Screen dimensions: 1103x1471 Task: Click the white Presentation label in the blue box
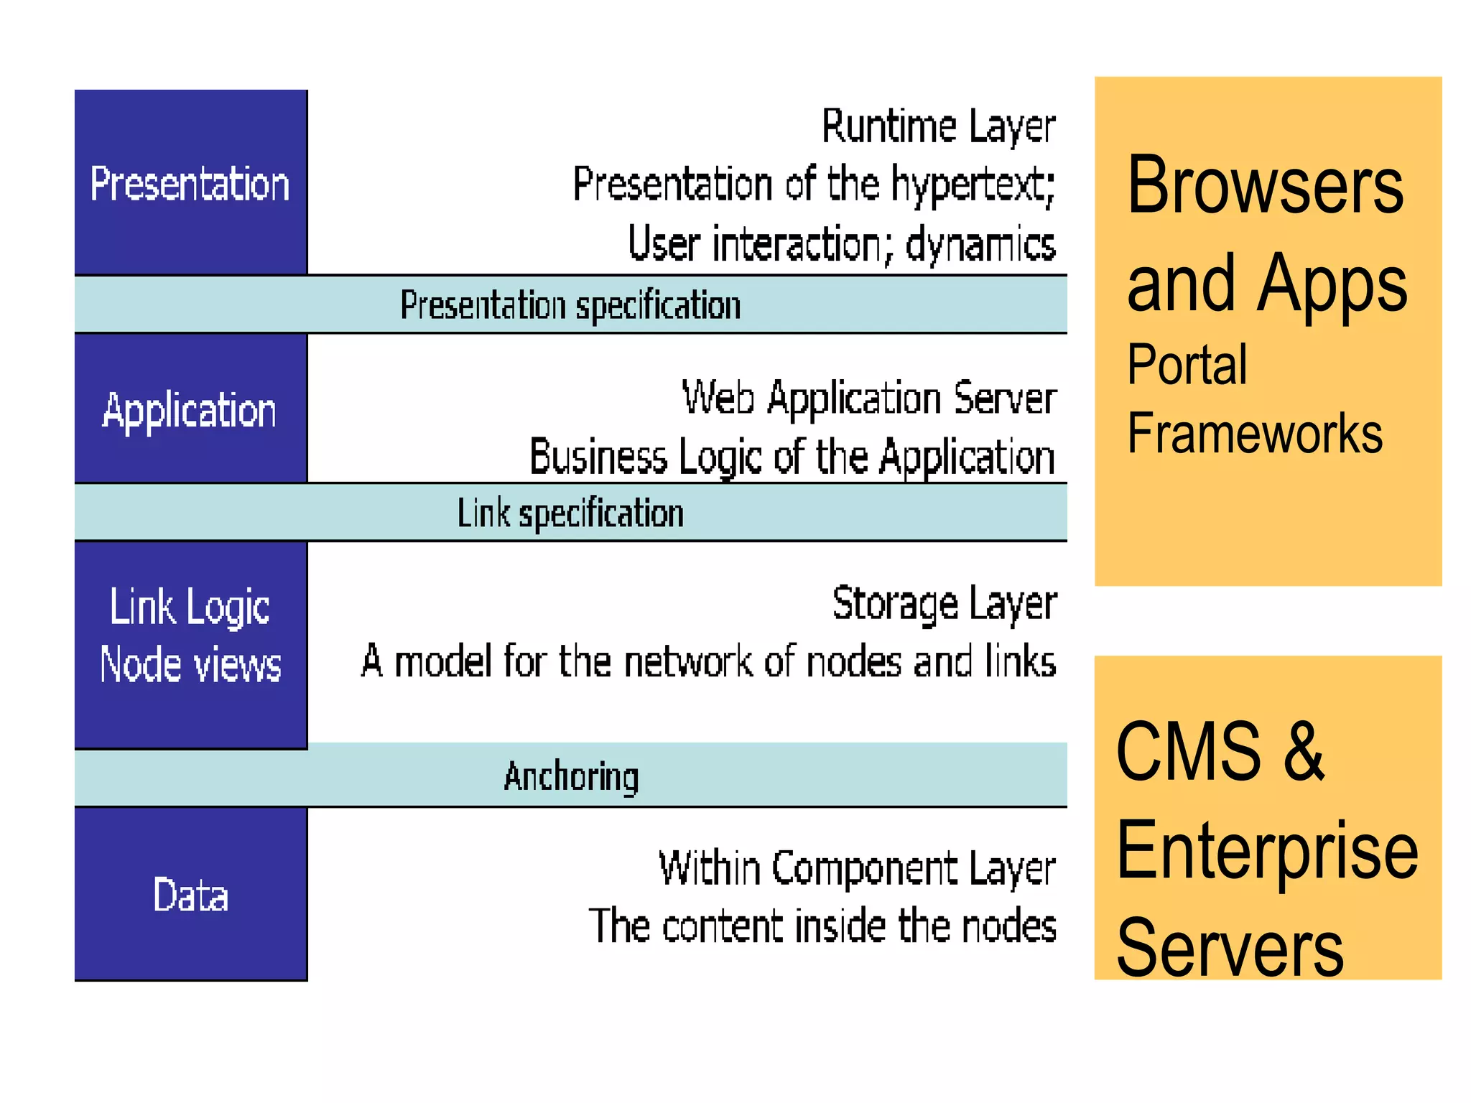(x=190, y=184)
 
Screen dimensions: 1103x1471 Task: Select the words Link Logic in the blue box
(x=190, y=608)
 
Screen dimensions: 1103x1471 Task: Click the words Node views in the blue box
(x=190, y=664)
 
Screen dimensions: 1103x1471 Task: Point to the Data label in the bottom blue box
(x=190, y=895)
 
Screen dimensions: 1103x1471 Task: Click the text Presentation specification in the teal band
(x=570, y=306)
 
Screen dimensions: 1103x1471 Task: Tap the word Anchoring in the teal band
(x=571, y=776)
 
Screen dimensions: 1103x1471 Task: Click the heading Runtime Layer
(x=938, y=127)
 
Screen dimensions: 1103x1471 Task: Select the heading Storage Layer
(x=944, y=604)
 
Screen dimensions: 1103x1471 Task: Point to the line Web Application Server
(x=869, y=399)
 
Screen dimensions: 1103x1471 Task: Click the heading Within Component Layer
(x=857, y=869)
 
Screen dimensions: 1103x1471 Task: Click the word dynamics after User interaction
(x=980, y=245)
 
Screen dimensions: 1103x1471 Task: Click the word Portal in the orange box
(x=1187, y=365)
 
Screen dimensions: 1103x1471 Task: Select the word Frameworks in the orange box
(x=1254, y=433)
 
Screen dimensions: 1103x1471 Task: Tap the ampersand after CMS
(x=1304, y=750)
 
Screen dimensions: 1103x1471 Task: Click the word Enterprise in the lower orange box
(x=1267, y=851)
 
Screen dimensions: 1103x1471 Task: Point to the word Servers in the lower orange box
(x=1230, y=948)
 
